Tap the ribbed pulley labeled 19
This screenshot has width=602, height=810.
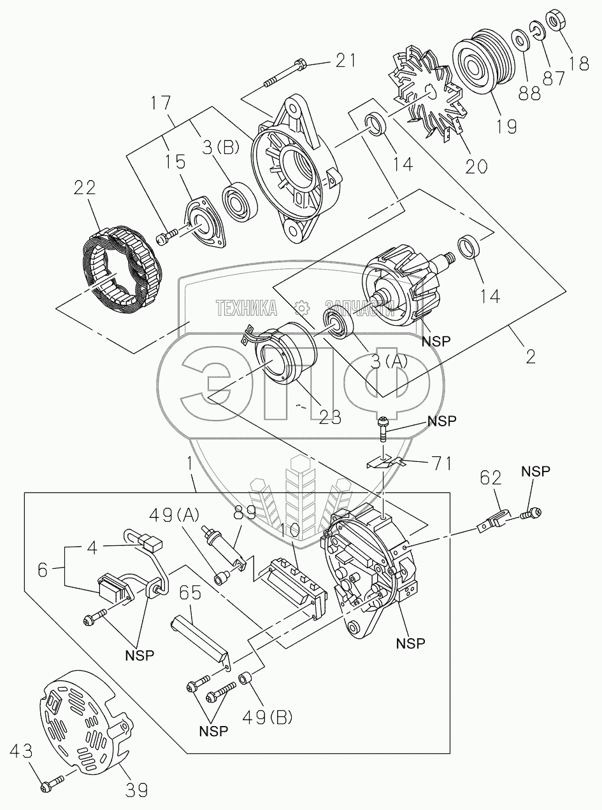(x=480, y=64)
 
